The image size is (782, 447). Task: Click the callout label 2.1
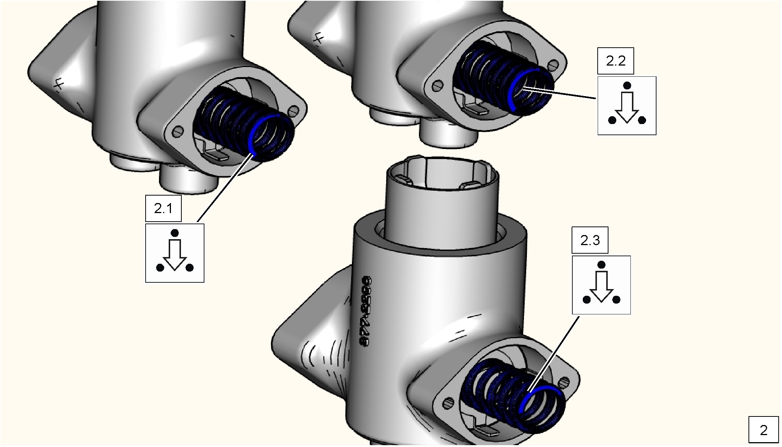click(163, 209)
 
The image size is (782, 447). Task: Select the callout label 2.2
click(616, 61)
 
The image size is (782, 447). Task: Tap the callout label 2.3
click(590, 240)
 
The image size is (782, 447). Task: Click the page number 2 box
click(764, 430)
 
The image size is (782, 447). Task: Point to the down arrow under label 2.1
click(175, 255)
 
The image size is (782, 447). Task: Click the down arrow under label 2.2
click(627, 107)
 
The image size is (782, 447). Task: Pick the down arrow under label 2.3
click(601, 286)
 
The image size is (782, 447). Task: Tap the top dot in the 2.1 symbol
click(175, 234)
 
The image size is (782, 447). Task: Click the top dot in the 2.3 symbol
click(601, 265)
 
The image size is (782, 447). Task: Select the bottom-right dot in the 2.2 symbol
click(642, 120)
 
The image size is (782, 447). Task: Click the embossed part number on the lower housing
click(367, 312)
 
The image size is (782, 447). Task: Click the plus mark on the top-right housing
click(318, 37)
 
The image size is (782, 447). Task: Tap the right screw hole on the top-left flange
click(294, 111)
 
